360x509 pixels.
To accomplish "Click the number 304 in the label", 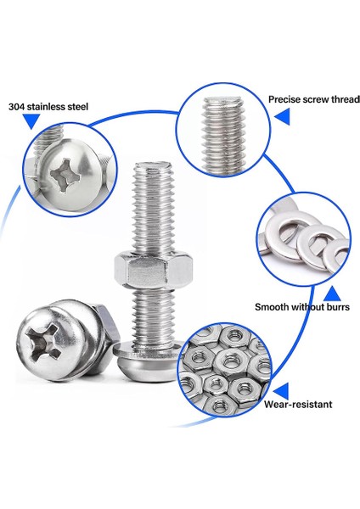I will [16, 107].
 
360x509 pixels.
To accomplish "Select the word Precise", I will [287, 98].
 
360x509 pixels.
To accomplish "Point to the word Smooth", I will [273, 307].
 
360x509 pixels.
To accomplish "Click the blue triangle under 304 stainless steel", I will [31, 122].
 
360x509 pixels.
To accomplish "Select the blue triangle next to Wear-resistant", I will [281, 390].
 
